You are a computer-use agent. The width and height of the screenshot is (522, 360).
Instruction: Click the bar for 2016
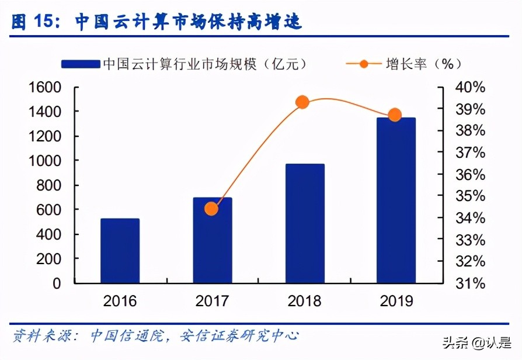click(x=120, y=251)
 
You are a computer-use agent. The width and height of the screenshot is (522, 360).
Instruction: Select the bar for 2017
click(x=213, y=240)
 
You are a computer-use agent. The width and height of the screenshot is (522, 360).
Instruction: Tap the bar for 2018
click(x=305, y=223)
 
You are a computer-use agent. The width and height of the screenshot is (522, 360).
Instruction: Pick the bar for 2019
click(x=396, y=200)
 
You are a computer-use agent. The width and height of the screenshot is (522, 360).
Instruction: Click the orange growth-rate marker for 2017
click(x=211, y=209)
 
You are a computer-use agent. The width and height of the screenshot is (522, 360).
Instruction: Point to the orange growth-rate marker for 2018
click(x=302, y=102)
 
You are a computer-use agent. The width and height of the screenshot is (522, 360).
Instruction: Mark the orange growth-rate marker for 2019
click(x=395, y=115)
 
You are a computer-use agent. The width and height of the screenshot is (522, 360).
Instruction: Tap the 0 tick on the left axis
click(x=57, y=283)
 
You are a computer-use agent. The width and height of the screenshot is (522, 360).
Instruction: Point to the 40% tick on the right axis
click(x=471, y=88)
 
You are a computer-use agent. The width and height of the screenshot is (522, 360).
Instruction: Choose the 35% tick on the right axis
click(x=471, y=196)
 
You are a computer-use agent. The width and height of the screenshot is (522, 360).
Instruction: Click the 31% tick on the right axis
click(x=471, y=283)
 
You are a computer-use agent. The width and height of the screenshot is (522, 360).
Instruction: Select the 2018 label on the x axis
click(x=304, y=301)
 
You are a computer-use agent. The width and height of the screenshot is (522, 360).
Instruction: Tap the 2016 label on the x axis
click(x=120, y=301)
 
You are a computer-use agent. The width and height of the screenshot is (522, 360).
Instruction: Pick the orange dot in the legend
click(x=364, y=63)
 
